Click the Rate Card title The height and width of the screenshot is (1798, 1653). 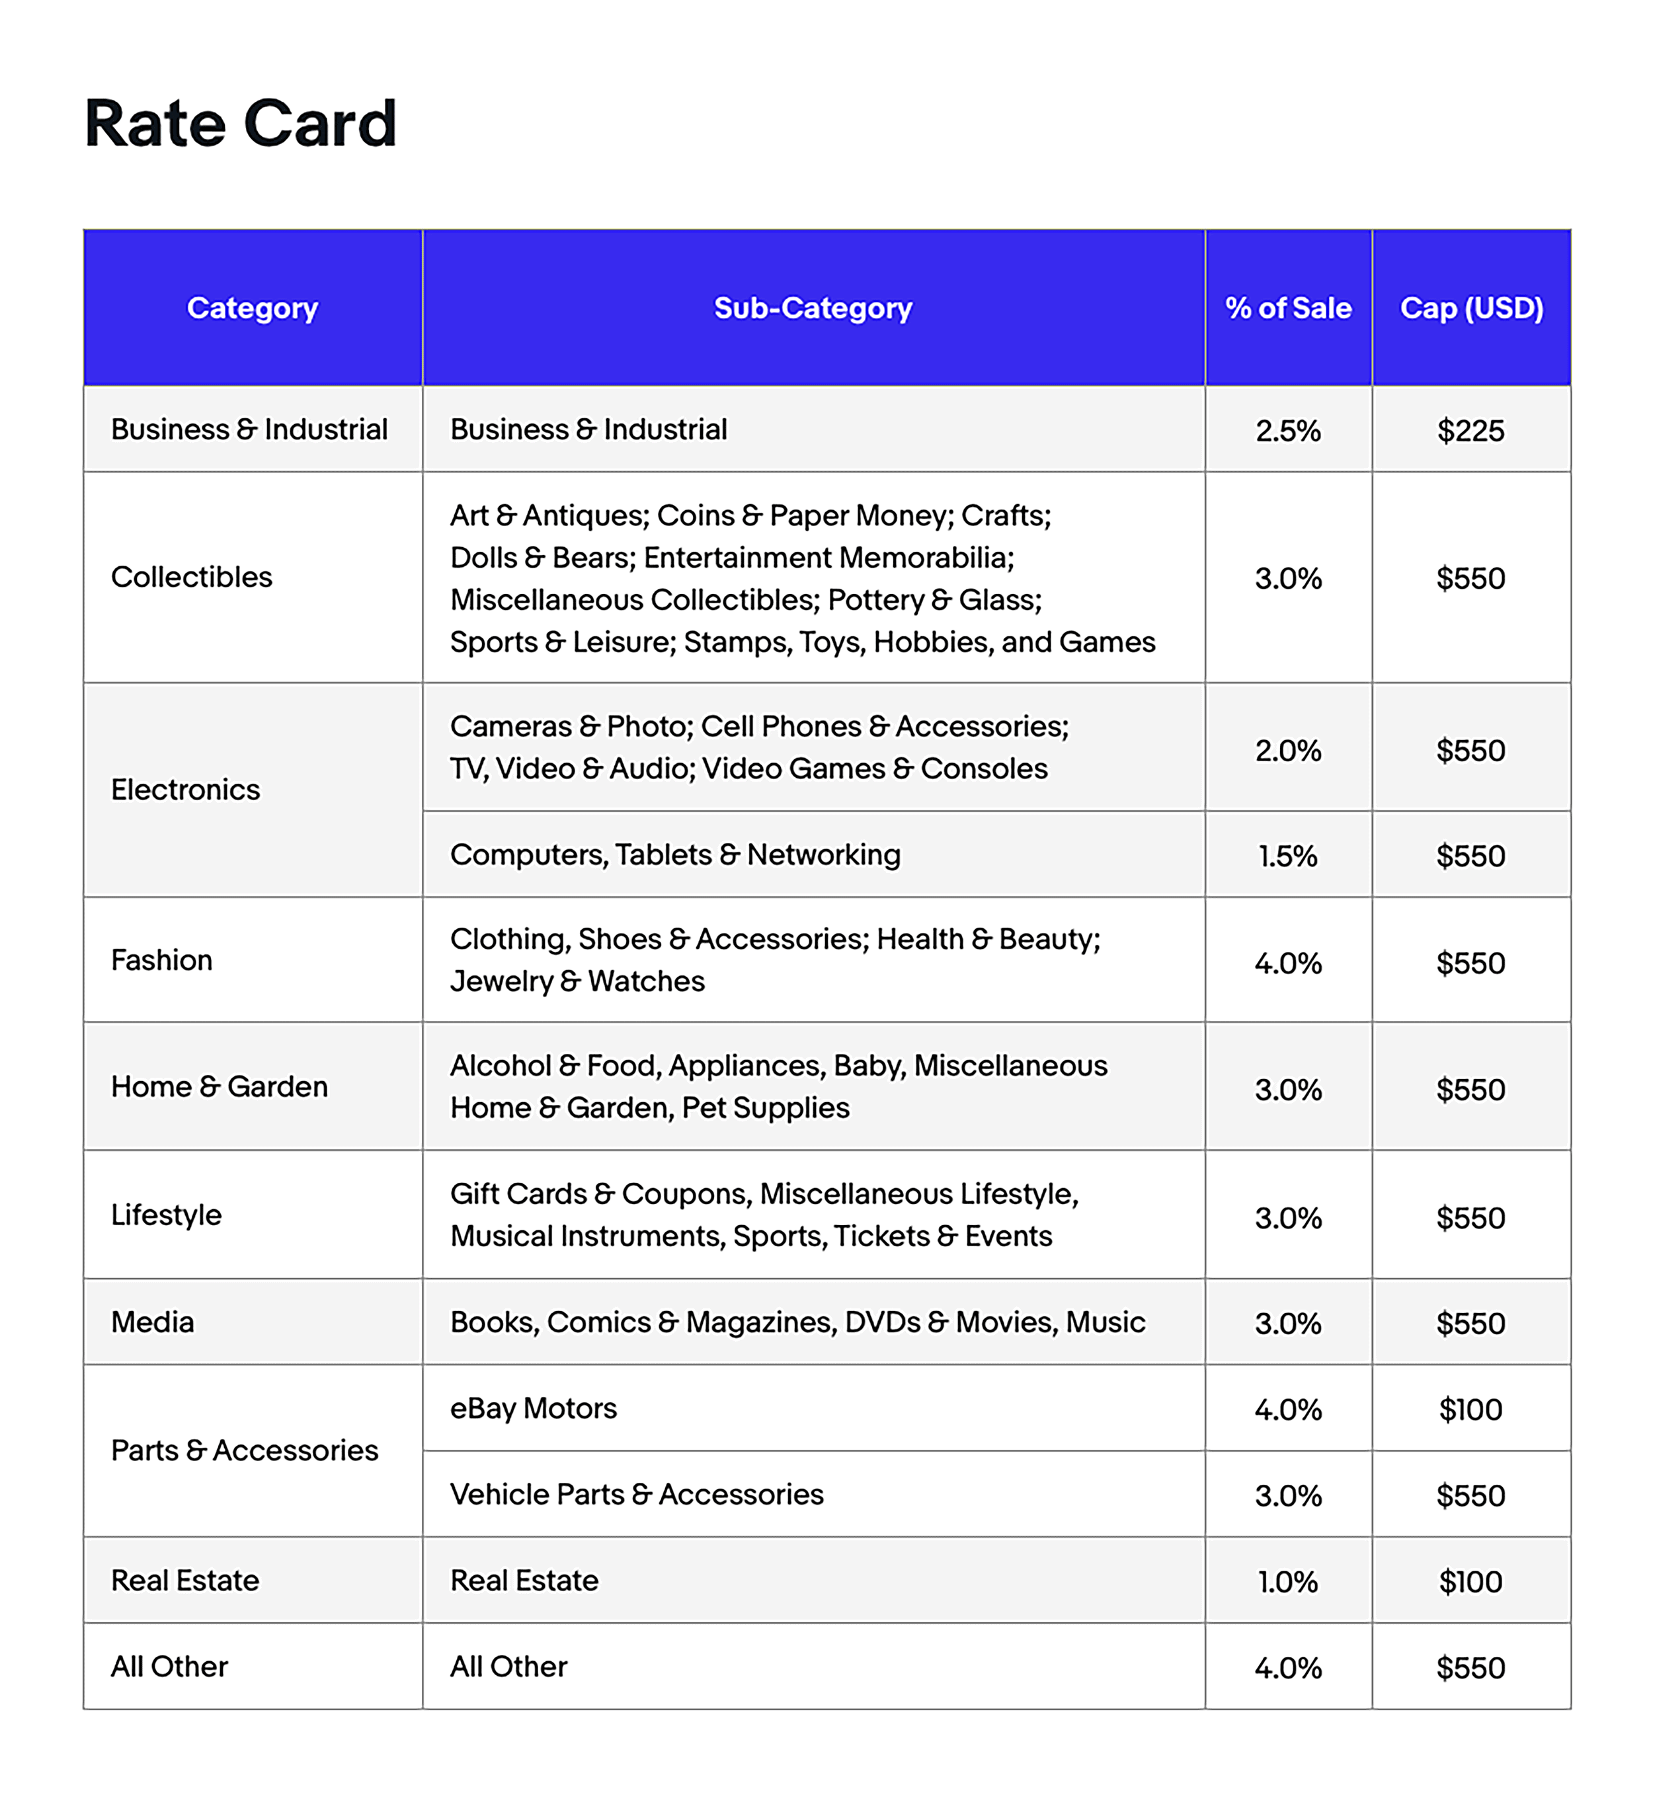[240, 124]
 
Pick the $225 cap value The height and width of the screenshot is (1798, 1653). [1471, 430]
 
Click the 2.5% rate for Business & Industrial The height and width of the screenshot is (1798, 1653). [1288, 430]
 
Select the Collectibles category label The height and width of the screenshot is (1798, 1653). [192, 577]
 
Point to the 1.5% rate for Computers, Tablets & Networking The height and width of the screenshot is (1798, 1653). [1288, 856]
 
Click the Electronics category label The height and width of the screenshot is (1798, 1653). [185, 790]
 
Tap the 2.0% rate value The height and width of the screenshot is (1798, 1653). [1288, 750]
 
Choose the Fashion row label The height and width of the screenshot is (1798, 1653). [162, 959]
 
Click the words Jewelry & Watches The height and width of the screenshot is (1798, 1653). [577, 981]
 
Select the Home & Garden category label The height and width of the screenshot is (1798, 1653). [219, 1086]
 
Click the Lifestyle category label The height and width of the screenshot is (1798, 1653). [167, 1214]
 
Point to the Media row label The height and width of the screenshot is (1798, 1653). [152, 1322]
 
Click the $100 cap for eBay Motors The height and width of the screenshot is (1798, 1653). [1471, 1409]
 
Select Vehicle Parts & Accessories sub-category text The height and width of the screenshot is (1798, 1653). [636, 1494]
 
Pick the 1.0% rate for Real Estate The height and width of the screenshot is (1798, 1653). [1288, 1582]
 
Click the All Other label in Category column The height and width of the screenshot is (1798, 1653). [169, 1667]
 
